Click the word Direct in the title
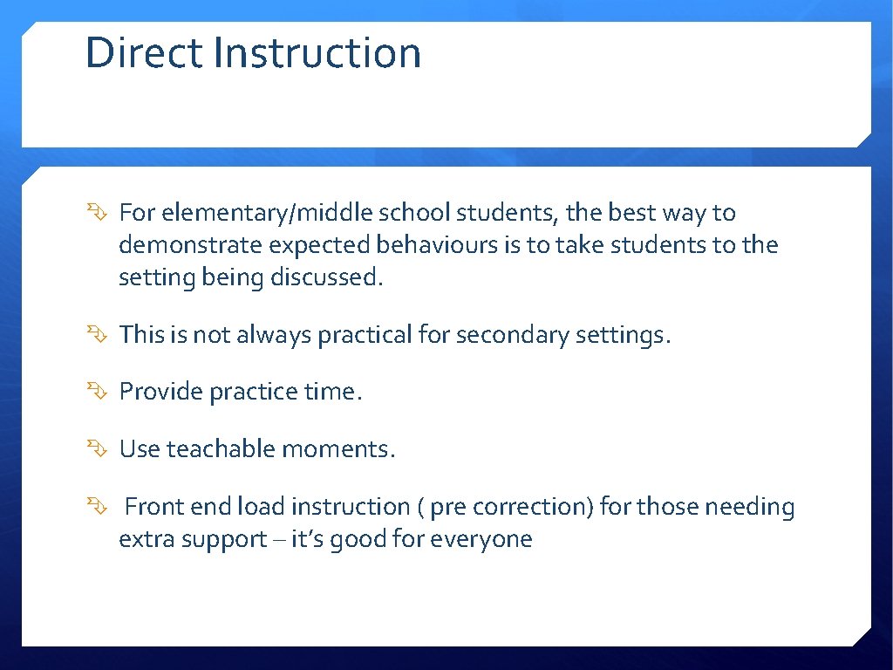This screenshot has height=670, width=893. pos(143,52)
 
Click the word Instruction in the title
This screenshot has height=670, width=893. pos(317,52)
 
